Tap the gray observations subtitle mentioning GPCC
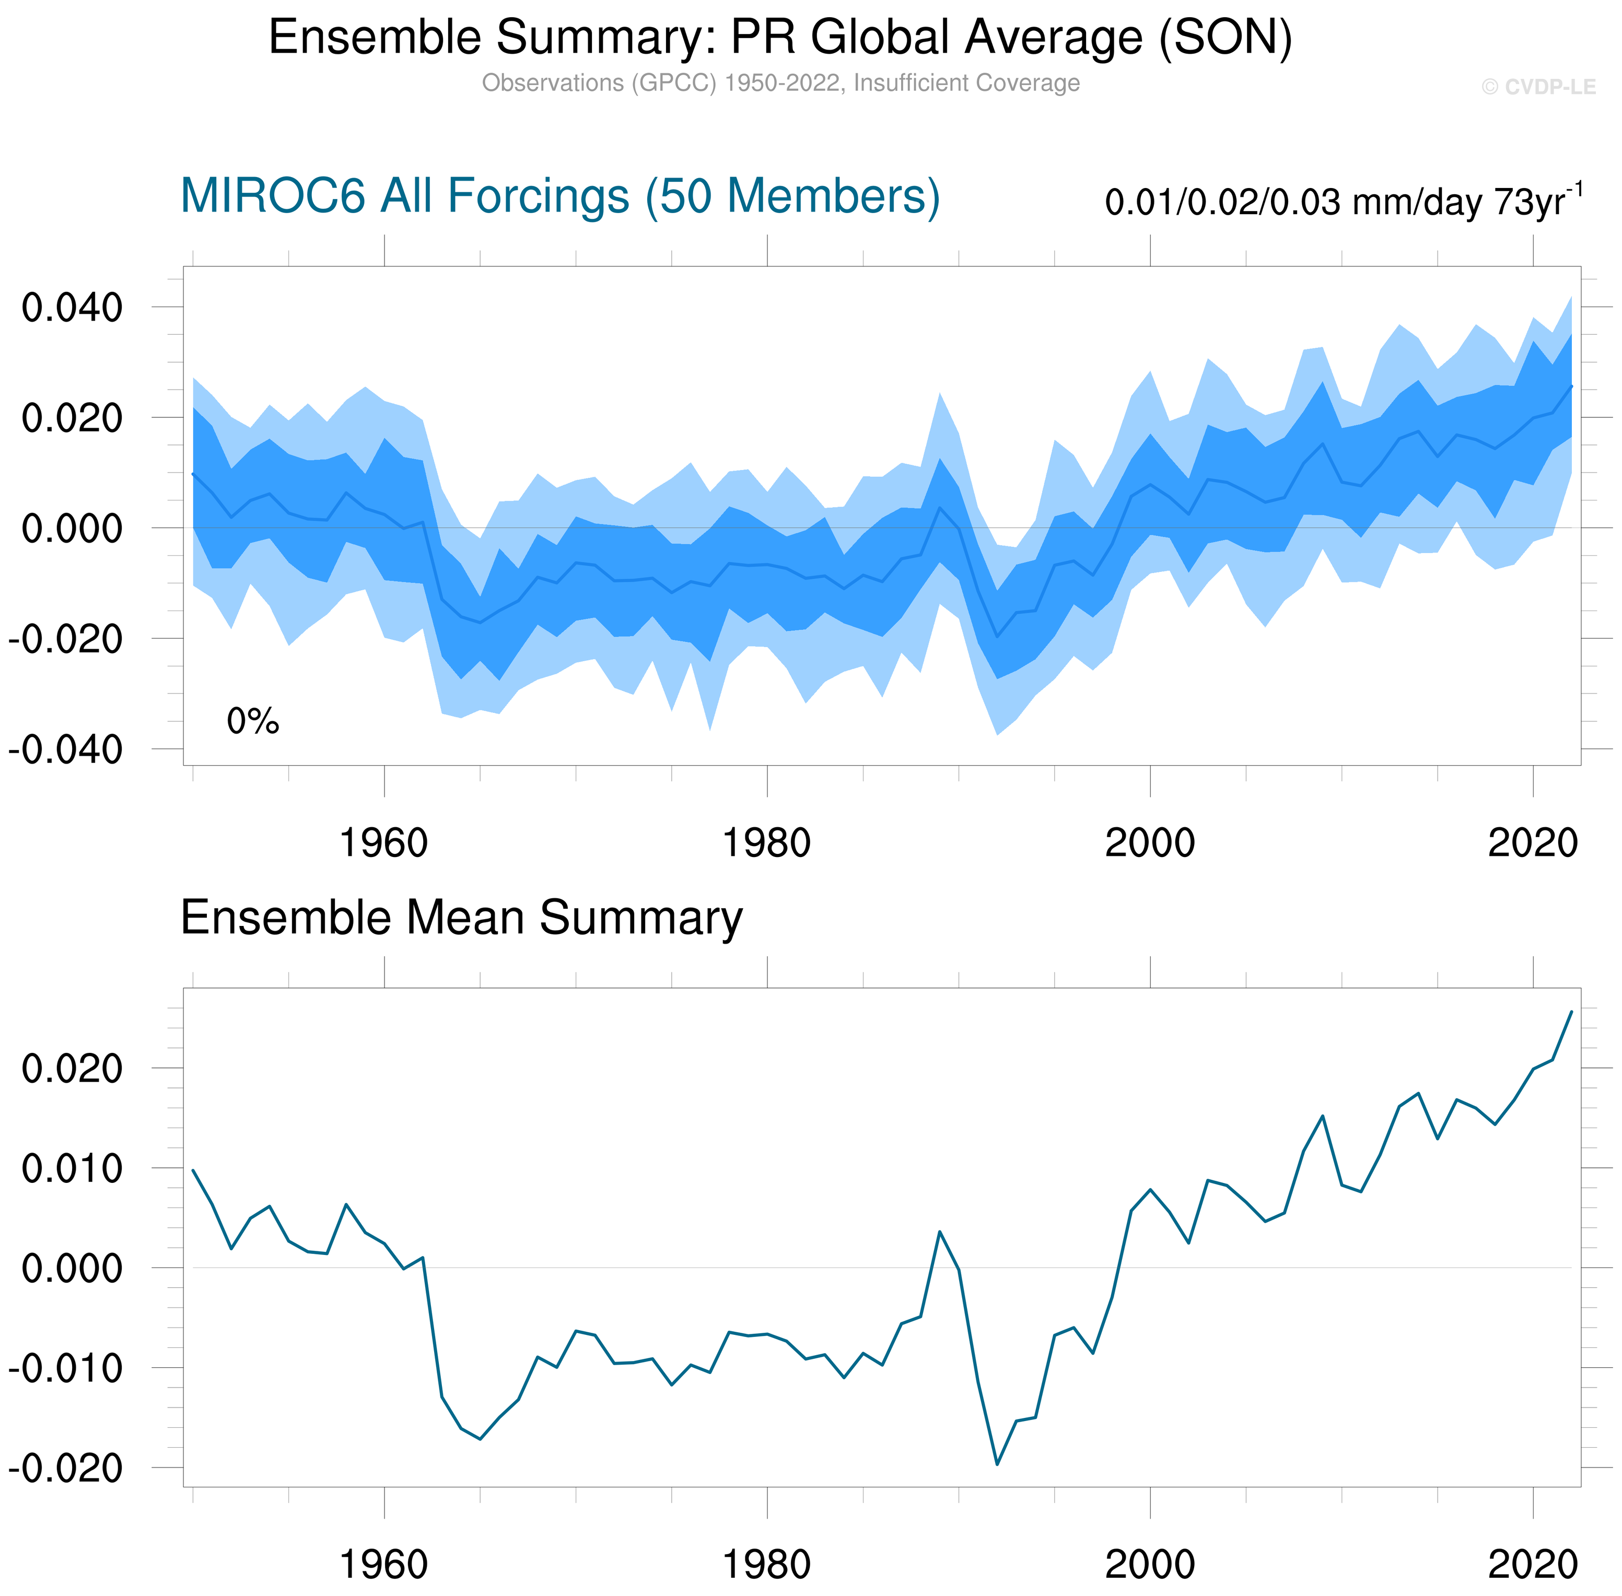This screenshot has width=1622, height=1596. (779, 83)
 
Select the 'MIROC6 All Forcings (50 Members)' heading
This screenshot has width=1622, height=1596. (560, 196)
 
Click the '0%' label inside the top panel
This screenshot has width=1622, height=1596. (252, 721)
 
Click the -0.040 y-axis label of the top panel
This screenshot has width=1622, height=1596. (65, 749)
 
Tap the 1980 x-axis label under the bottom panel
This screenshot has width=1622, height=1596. (766, 1564)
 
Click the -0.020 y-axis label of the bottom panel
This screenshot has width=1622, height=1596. (65, 1468)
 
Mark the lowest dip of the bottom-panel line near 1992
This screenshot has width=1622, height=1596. (997, 1464)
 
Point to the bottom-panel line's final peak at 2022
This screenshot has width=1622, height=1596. (1571, 1012)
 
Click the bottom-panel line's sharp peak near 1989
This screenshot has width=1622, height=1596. (940, 1231)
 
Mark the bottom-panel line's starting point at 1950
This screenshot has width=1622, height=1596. (193, 1170)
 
